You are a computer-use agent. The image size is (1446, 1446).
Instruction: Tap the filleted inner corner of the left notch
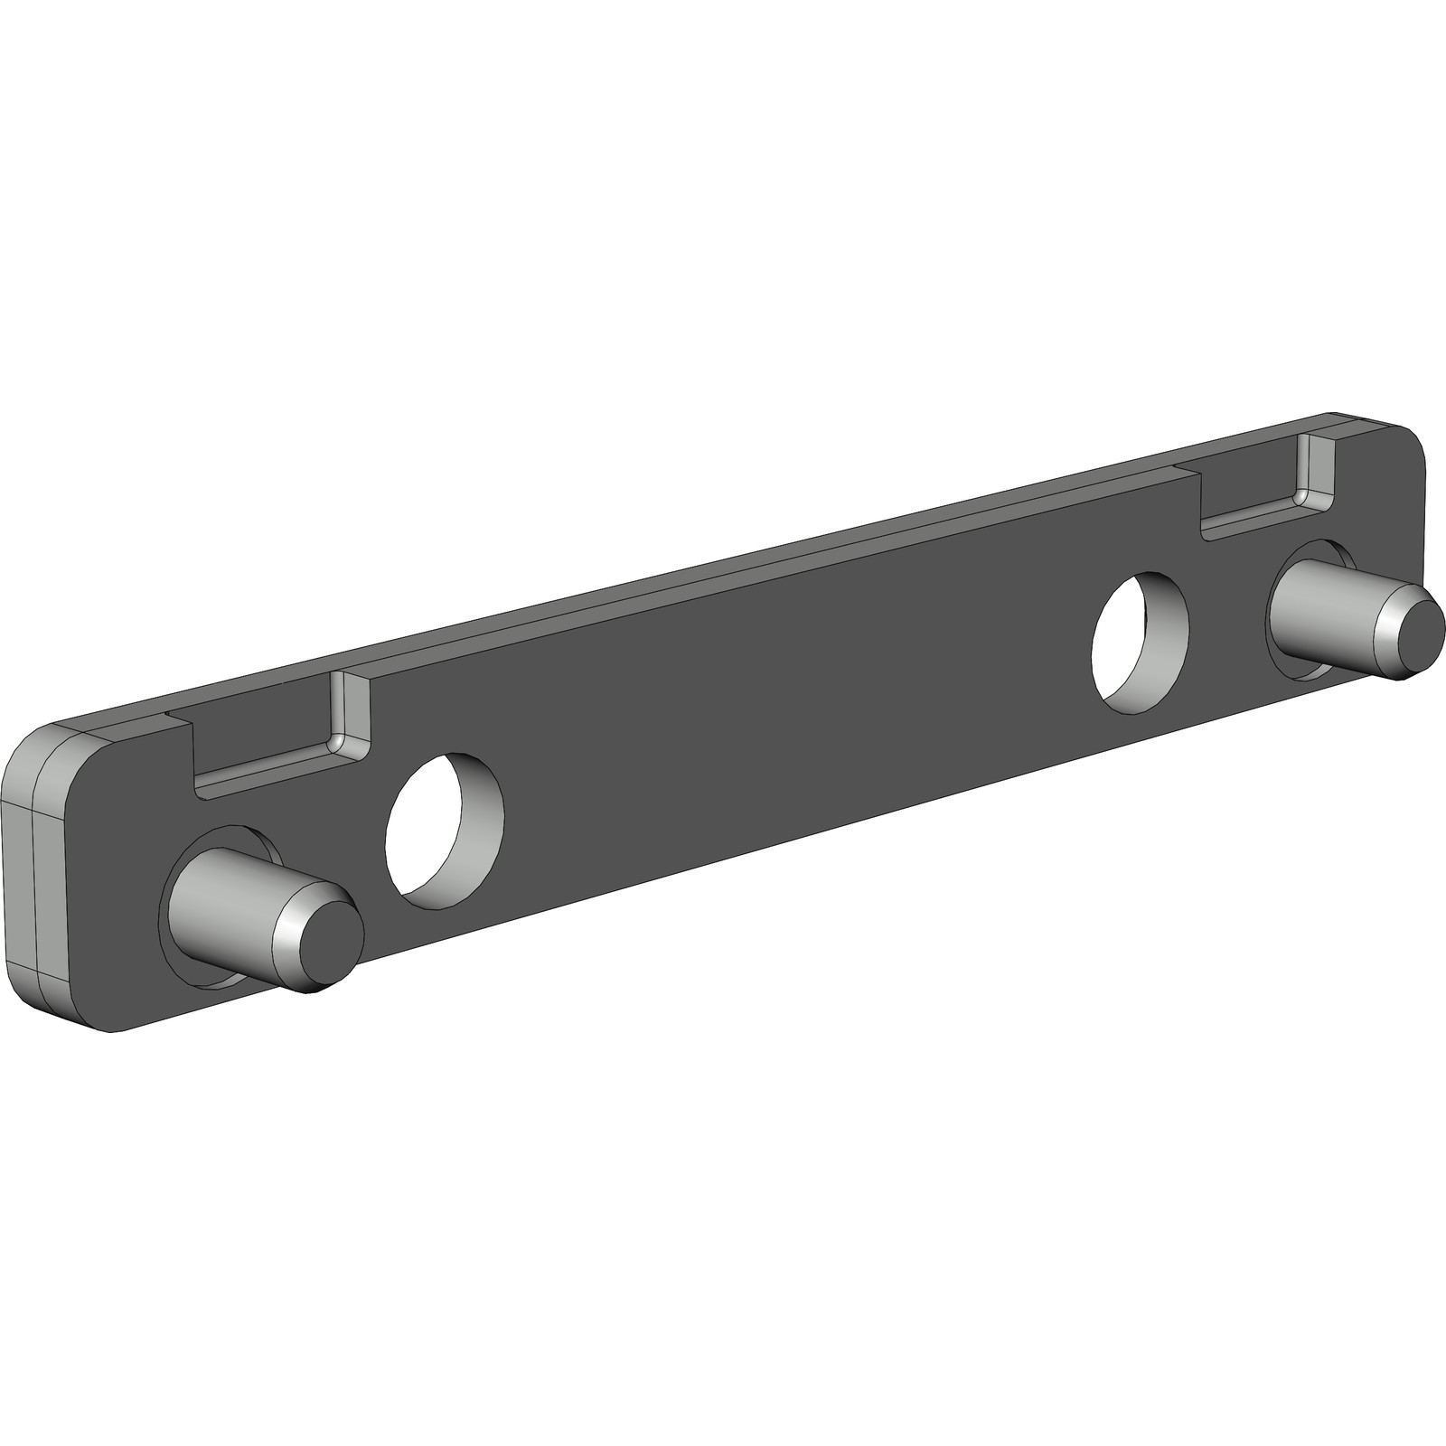click(335, 742)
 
